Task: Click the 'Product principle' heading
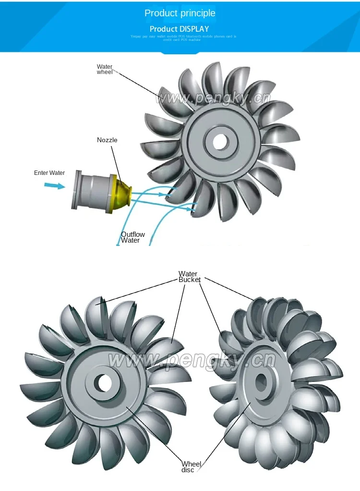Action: tap(180, 13)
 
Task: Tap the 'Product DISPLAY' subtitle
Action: tap(180, 29)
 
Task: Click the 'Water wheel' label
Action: tap(105, 69)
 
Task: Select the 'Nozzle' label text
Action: tap(107, 140)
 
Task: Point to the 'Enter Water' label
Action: tap(49, 173)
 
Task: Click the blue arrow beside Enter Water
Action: tap(54, 185)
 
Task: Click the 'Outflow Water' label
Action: tap(132, 237)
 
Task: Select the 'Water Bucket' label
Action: tap(189, 277)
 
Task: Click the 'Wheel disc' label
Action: tap(191, 467)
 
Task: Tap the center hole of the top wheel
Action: tap(220, 141)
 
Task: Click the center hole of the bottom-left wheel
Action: tap(102, 383)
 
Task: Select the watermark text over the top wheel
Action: tap(213, 98)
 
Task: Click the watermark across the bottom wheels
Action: tap(192, 359)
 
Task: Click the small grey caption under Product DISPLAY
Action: tap(184, 37)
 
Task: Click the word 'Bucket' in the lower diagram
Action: tap(189, 280)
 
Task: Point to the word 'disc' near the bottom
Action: tap(188, 470)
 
